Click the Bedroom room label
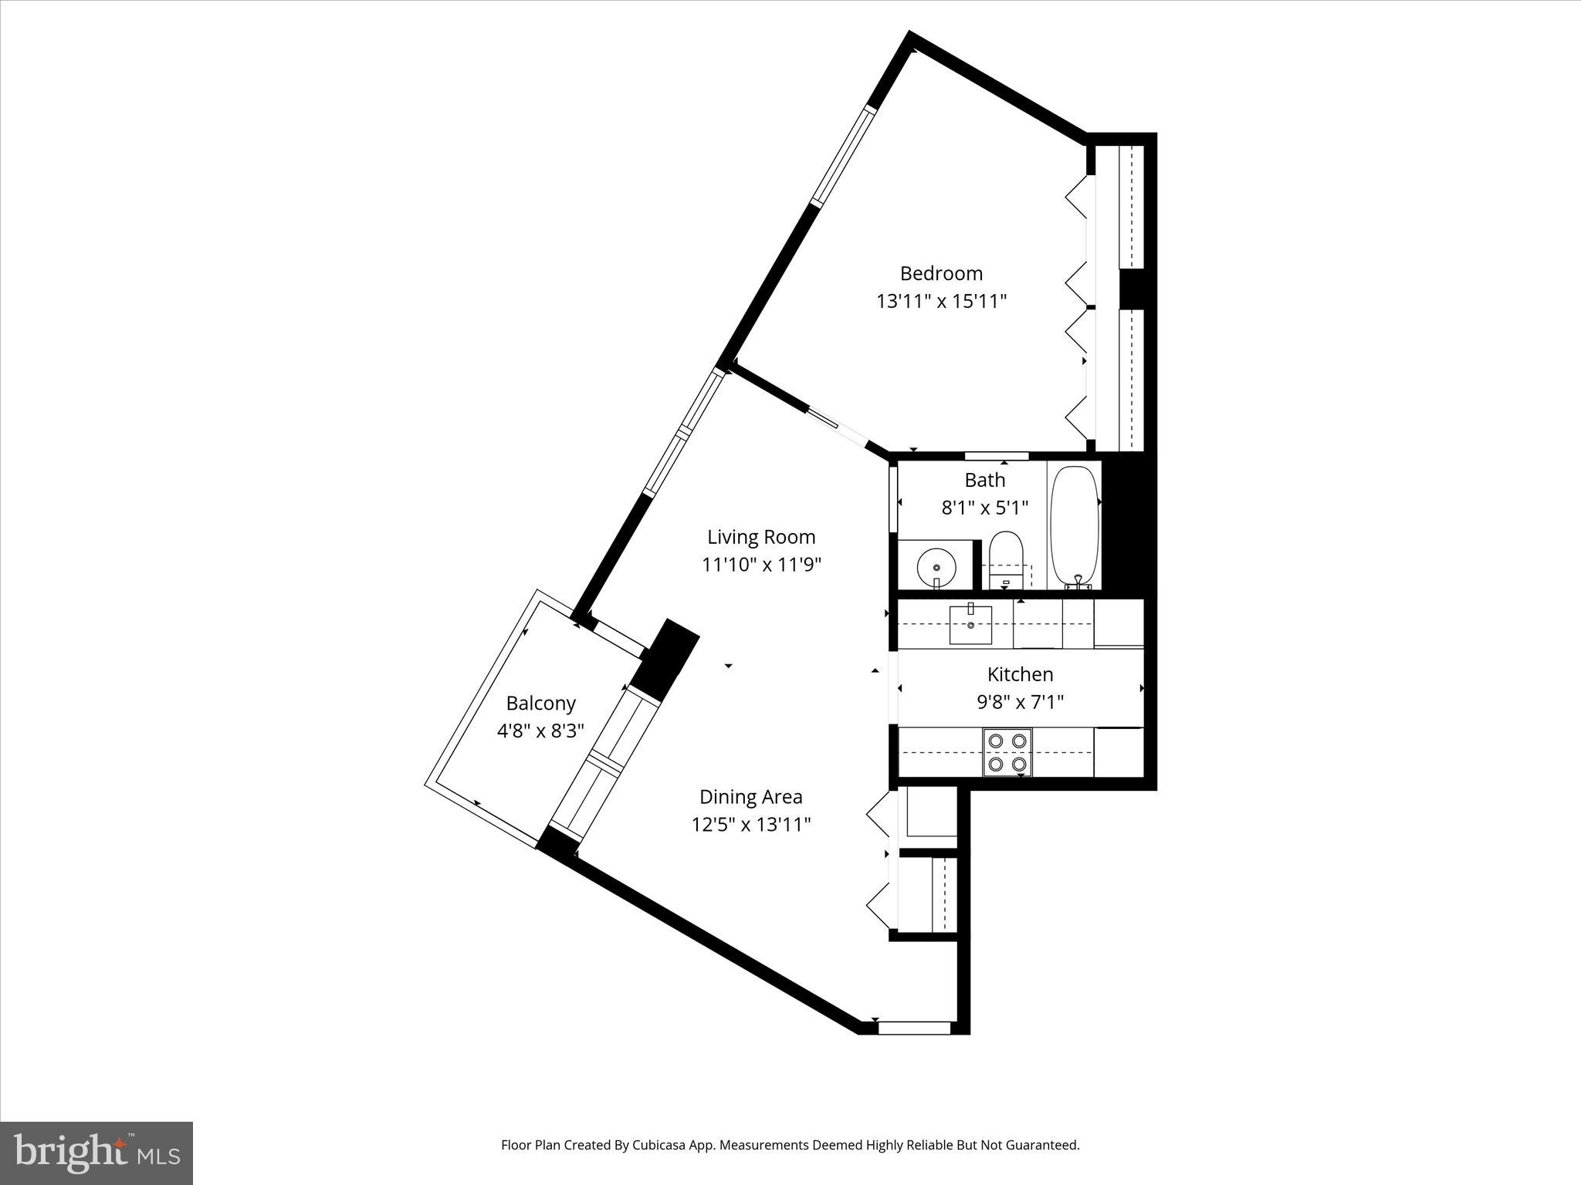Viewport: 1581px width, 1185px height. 941,273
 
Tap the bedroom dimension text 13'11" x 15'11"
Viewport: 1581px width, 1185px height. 941,301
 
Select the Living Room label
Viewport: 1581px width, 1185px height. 761,537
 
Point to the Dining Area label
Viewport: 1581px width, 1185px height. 750,797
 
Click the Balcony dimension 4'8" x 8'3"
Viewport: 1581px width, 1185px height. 540,731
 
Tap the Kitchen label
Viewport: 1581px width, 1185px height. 1020,674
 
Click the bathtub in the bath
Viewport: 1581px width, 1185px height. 1074,525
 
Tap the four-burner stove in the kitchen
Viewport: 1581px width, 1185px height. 1007,752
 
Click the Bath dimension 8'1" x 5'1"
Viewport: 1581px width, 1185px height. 984,508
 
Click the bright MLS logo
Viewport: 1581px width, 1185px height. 96,1153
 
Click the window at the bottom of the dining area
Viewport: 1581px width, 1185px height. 914,1028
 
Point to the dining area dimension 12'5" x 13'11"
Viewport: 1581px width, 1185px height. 750,825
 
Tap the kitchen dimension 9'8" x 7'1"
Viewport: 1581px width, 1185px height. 1020,702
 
